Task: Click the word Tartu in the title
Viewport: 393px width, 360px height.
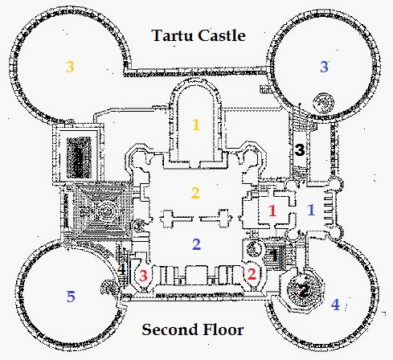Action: pos(173,35)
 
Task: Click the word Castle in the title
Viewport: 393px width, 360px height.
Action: pos(222,35)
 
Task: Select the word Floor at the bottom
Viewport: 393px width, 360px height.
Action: pos(223,329)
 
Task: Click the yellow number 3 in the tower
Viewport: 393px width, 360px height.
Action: pos(70,67)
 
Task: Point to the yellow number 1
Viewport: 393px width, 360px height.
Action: pos(196,125)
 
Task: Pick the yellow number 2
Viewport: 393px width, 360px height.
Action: pos(195,193)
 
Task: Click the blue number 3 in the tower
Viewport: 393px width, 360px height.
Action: pos(324,67)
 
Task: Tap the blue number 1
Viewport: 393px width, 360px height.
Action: pos(311,210)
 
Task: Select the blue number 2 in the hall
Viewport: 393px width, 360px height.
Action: pos(196,244)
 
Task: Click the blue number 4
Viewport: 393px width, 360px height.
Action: pos(335,305)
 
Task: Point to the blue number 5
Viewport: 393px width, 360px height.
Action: pos(71,297)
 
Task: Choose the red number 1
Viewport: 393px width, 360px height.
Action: pos(272,211)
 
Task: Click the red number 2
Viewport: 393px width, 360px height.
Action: pos(252,274)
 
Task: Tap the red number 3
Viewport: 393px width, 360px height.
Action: pos(143,276)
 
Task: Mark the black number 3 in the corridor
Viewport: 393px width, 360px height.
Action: pos(300,150)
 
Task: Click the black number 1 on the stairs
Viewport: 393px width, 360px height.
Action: pos(274,255)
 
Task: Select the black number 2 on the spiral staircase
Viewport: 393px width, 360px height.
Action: pos(304,291)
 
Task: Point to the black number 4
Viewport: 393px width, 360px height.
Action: pos(121,268)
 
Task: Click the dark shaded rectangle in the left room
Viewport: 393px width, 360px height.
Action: pos(79,157)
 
